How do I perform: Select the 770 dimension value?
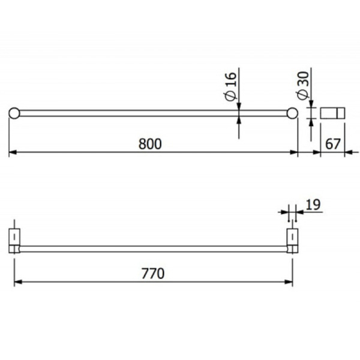pos(153,273)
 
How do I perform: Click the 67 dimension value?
pos(333,144)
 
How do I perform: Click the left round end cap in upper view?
pos(14,113)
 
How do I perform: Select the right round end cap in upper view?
pos(292,113)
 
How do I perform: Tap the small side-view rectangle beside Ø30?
pos(333,113)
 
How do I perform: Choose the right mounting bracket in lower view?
pos(292,240)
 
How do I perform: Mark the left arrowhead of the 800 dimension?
pos(11,153)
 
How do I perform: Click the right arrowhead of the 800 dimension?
pos(295,153)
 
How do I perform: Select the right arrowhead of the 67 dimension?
pos(348,153)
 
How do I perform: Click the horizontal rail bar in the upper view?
pos(150,113)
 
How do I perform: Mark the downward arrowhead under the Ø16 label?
pos(239,107)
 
